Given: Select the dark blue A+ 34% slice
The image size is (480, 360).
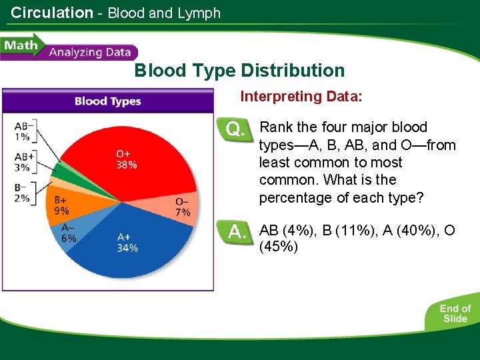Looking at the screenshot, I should tap(127, 240).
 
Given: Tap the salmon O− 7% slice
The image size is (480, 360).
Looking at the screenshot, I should tap(180, 206).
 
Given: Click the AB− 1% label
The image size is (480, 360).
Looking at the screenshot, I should tap(23, 131).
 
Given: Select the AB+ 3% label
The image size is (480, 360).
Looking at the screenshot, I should tap(23, 163).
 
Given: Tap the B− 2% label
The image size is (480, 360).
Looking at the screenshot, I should tap(23, 192).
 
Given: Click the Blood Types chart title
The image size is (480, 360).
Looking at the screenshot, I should tap(107, 101).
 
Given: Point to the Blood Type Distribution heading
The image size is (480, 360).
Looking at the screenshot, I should tap(239, 71).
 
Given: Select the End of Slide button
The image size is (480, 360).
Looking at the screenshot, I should tap(455, 313).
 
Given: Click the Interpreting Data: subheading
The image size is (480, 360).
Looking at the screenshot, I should tap(301, 97).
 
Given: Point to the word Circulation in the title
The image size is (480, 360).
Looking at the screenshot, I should tap(52, 13).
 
